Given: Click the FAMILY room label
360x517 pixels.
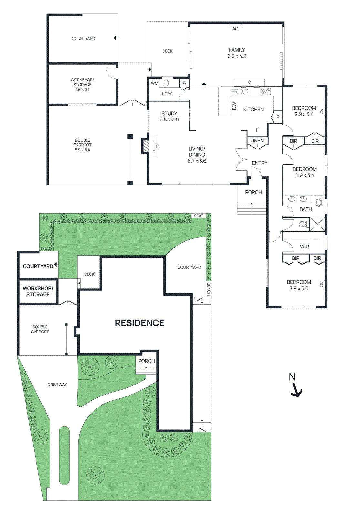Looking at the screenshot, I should (x=237, y=50).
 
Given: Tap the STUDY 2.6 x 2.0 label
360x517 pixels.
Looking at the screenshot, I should (x=169, y=117).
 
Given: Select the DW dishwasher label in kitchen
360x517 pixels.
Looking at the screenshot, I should (x=234, y=106).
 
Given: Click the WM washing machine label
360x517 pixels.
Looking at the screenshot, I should (x=155, y=83).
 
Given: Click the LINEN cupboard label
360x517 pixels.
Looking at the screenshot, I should (x=257, y=141).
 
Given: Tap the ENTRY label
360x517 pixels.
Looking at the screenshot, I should (x=260, y=163).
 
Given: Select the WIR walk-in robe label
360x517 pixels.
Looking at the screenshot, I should (x=304, y=247).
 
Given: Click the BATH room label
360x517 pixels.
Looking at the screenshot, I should (x=305, y=209).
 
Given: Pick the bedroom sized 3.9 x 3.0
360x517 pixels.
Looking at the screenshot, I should (x=299, y=285).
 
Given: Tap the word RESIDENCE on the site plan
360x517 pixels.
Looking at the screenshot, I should (x=139, y=323).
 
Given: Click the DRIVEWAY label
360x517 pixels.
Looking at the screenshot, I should (x=57, y=385).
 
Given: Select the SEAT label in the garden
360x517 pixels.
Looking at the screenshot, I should (x=199, y=216).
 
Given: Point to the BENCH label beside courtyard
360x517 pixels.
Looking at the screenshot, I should (x=209, y=289).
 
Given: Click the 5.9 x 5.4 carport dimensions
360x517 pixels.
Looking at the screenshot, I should (x=82, y=150).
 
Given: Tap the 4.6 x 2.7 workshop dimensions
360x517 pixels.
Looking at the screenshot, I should (x=82, y=90).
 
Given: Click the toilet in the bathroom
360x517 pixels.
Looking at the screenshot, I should (x=303, y=224).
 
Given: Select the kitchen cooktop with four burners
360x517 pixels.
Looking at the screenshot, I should (x=265, y=91).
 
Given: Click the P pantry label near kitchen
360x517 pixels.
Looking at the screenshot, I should (x=278, y=117).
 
